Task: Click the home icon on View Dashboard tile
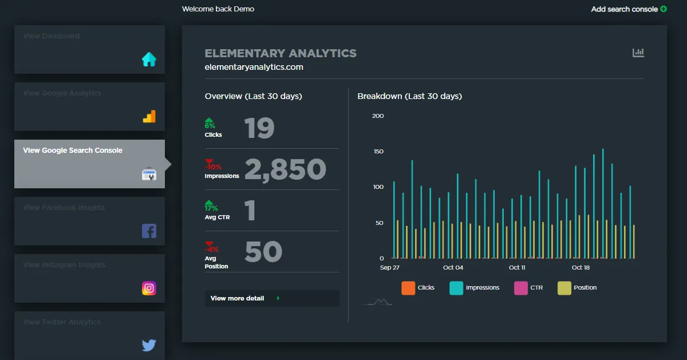point(149,60)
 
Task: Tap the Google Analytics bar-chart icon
point(149,117)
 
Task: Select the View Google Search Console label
point(73,151)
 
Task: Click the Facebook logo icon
point(149,231)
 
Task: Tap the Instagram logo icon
point(149,288)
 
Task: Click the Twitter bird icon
point(149,345)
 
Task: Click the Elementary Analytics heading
point(281,53)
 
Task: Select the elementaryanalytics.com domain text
point(254,67)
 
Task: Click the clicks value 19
point(259,129)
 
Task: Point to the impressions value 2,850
point(285,169)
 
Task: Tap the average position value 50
point(263,252)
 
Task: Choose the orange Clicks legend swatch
point(408,288)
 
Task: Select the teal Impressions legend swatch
point(456,288)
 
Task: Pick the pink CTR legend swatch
point(521,288)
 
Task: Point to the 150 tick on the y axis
point(378,152)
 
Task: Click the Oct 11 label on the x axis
point(517,268)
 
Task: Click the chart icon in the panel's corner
point(638,53)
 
